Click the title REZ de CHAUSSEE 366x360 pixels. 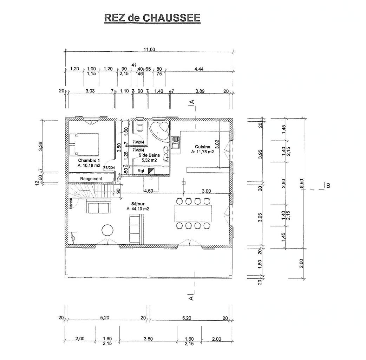(x=152, y=18)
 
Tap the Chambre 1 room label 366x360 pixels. (x=89, y=161)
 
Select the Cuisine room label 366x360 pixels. (x=202, y=147)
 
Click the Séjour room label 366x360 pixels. (x=137, y=204)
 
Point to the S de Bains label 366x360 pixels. (x=149, y=155)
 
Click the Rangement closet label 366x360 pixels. (x=91, y=179)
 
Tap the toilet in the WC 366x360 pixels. (x=140, y=126)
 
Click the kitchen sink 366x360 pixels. (x=176, y=143)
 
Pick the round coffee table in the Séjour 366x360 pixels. (x=108, y=230)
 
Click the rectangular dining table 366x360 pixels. (x=193, y=213)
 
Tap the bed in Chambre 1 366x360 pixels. (x=84, y=144)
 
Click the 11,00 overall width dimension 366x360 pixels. (x=149, y=49)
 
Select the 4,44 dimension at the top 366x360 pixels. (x=199, y=69)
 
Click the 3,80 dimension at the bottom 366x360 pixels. (x=148, y=339)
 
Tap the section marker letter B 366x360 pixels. (x=328, y=186)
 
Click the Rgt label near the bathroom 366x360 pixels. (x=141, y=171)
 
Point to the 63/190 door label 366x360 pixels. (x=71, y=204)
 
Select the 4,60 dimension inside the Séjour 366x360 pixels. (x=149, y=191)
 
